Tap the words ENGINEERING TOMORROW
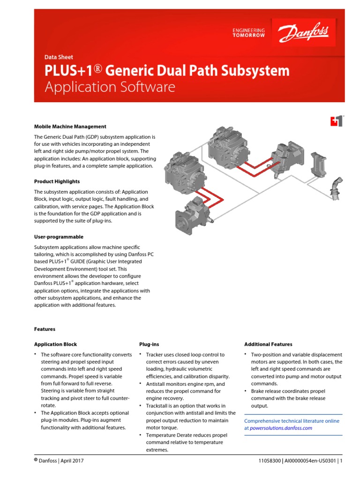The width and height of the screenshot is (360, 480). pos(248,33)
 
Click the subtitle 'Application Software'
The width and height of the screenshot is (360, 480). pos(110,87)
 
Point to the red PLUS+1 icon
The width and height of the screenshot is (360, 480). pos(337,121)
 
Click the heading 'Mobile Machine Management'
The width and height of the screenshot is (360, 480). pos(70,127)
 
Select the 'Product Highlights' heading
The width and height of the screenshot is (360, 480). pos(57,181)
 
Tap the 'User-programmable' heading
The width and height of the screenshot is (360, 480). pos(59,237)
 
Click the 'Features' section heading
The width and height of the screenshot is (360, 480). pos(45,329)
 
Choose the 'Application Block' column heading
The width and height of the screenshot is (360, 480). pos(55,344)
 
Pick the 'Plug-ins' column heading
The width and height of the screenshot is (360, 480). pos(149,344)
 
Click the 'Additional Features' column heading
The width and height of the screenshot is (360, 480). pos(268,344)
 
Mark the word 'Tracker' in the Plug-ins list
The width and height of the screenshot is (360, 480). pos(155,355)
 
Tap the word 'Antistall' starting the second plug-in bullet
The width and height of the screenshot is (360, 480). pos(157,384)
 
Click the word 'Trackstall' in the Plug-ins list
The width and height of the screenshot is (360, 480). pos(158,405)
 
